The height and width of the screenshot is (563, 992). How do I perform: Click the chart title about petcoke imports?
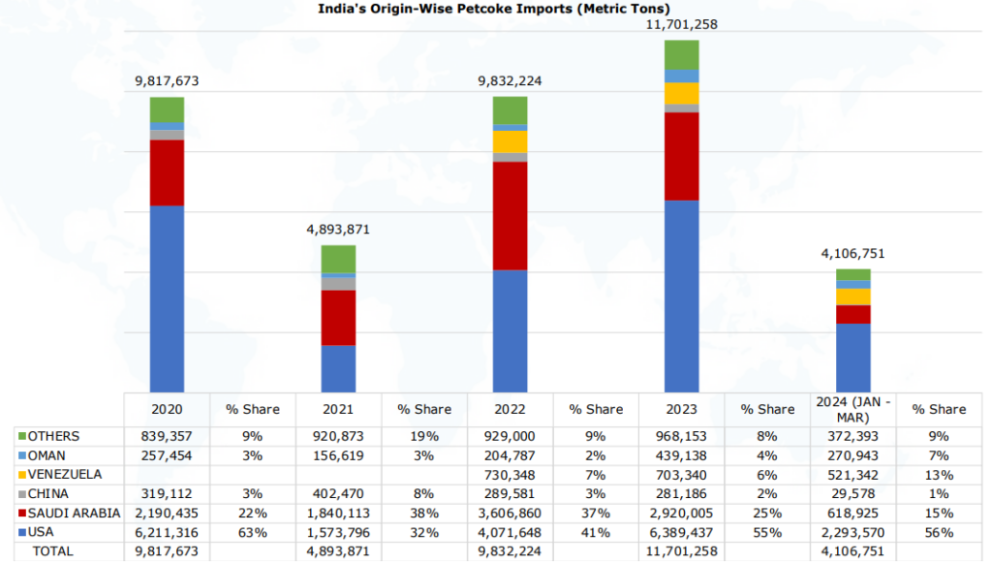point(495,9)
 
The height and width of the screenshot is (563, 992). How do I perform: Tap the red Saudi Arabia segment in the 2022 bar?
point(510,215)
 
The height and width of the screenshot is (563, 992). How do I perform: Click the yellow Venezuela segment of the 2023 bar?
point(681,93)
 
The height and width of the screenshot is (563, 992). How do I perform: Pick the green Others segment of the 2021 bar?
point(338,258)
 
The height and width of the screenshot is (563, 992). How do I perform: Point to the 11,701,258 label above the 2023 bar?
point(681,24)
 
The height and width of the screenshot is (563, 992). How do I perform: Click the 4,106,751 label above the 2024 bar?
point(852,254)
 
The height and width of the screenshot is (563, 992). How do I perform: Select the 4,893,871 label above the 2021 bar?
point(338,230)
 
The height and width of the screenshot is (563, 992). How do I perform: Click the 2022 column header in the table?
point(510,409)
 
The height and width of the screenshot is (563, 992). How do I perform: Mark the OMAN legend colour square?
point(20,455)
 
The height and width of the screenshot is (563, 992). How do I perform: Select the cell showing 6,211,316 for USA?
point(167,531)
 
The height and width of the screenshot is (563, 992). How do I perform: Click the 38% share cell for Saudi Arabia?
point(424,513)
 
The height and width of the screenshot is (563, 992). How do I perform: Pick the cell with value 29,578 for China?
point(853,493)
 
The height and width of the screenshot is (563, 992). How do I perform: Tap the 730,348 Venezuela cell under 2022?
point(510,475)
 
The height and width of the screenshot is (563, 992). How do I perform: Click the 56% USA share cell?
point(938,531)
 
